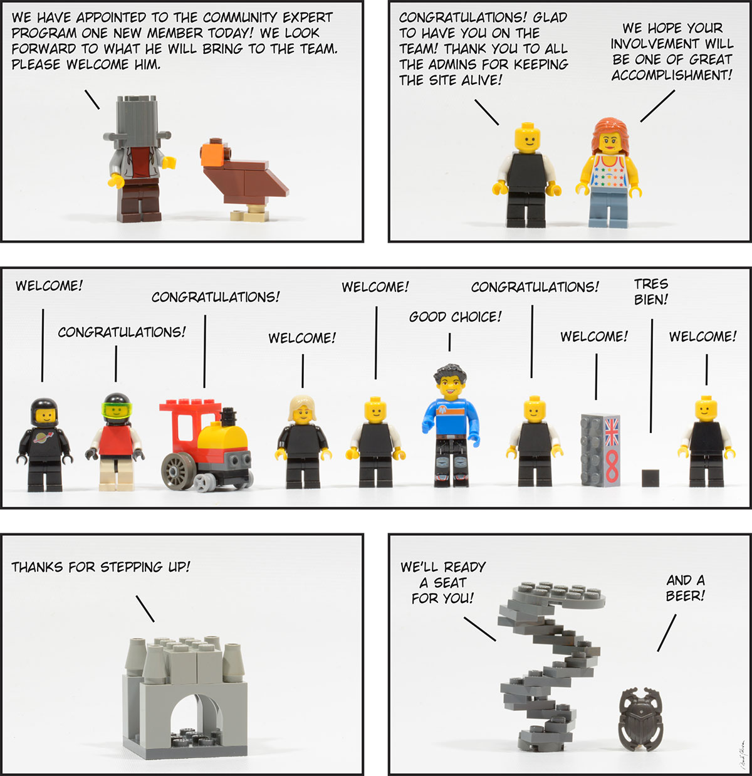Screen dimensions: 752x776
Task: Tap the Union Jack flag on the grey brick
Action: pyautogui.click(x=612, y=431)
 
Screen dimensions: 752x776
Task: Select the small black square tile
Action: pyautogui.click(x=650, y=478)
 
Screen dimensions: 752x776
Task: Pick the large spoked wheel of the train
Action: pyautogui.click(x=178, y=471)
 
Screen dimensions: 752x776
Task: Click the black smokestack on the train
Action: pyautogui.click(x=228, y=417)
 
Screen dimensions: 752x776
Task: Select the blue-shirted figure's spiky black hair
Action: pyautogui.click(x=450, y=374)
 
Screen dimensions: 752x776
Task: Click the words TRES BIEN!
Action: pyautogui.click(x=650, y=292)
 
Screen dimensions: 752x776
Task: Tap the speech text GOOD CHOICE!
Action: pyautogui.click(x=455, y=317)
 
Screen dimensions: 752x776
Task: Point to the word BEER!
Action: pyautogui.click(x=685, y=596)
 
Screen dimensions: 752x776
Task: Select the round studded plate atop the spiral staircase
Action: pyautogui.click(x=558, y=595)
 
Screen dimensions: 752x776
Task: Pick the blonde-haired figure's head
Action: pyautogui.click(x=303, y=409)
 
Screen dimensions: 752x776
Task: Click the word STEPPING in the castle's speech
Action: pyautogui.click(x=132, y=567)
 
